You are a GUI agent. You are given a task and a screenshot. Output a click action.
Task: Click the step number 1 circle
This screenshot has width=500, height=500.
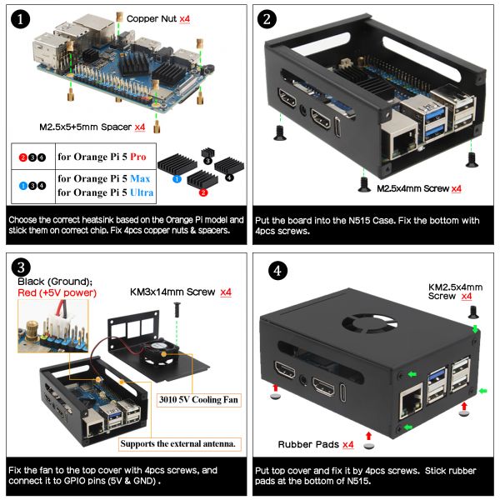click(20, 19)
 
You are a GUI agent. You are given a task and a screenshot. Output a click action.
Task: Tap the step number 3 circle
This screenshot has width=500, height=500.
click(21, 267)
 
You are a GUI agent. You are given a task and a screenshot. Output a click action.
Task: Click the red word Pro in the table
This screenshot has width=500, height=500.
click(138, 157)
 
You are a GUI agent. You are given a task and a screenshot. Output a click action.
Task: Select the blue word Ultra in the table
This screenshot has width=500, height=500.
click(142, 192)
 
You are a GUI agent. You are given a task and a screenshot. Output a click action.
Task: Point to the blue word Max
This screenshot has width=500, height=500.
click(140, 178)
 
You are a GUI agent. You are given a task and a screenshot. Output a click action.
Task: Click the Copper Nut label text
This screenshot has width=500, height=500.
click(152, 19)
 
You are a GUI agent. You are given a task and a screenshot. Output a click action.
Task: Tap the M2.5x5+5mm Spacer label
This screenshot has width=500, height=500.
click(86, 127)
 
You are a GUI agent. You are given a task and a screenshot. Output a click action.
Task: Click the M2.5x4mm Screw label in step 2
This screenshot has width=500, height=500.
click(413, 189)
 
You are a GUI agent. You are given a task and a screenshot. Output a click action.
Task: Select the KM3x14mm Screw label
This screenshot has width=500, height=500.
click(172, 292)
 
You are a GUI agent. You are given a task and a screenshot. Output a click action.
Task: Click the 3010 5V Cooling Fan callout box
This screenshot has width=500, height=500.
click(198, 400)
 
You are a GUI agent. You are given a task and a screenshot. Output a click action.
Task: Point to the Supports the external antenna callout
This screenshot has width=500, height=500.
click(178, 444)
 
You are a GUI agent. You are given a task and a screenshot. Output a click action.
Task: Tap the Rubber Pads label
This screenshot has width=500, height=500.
click(308, 444)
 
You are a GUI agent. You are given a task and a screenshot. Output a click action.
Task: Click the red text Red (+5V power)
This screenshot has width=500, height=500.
click(57, 292)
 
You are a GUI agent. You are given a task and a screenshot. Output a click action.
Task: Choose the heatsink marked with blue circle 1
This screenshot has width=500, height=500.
click(177, 162)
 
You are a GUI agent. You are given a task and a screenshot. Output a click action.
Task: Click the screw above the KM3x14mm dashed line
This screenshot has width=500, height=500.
click(177, 310)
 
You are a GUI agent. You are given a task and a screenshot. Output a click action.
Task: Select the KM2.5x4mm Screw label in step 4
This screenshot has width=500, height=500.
click(455, 292)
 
